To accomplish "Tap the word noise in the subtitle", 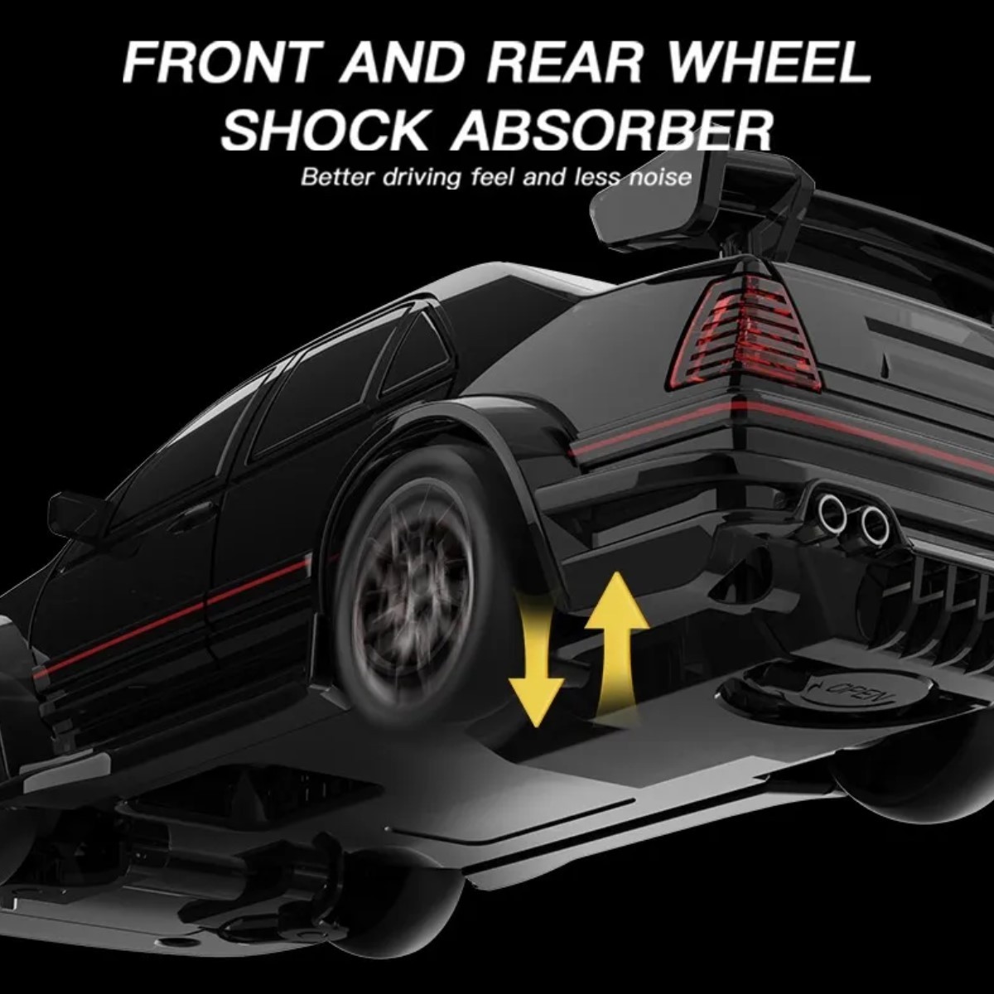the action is coord(662,178).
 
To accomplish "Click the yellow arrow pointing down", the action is coord(537,661).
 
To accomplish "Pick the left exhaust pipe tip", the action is coord(831,512).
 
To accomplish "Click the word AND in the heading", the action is coord(401,63).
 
